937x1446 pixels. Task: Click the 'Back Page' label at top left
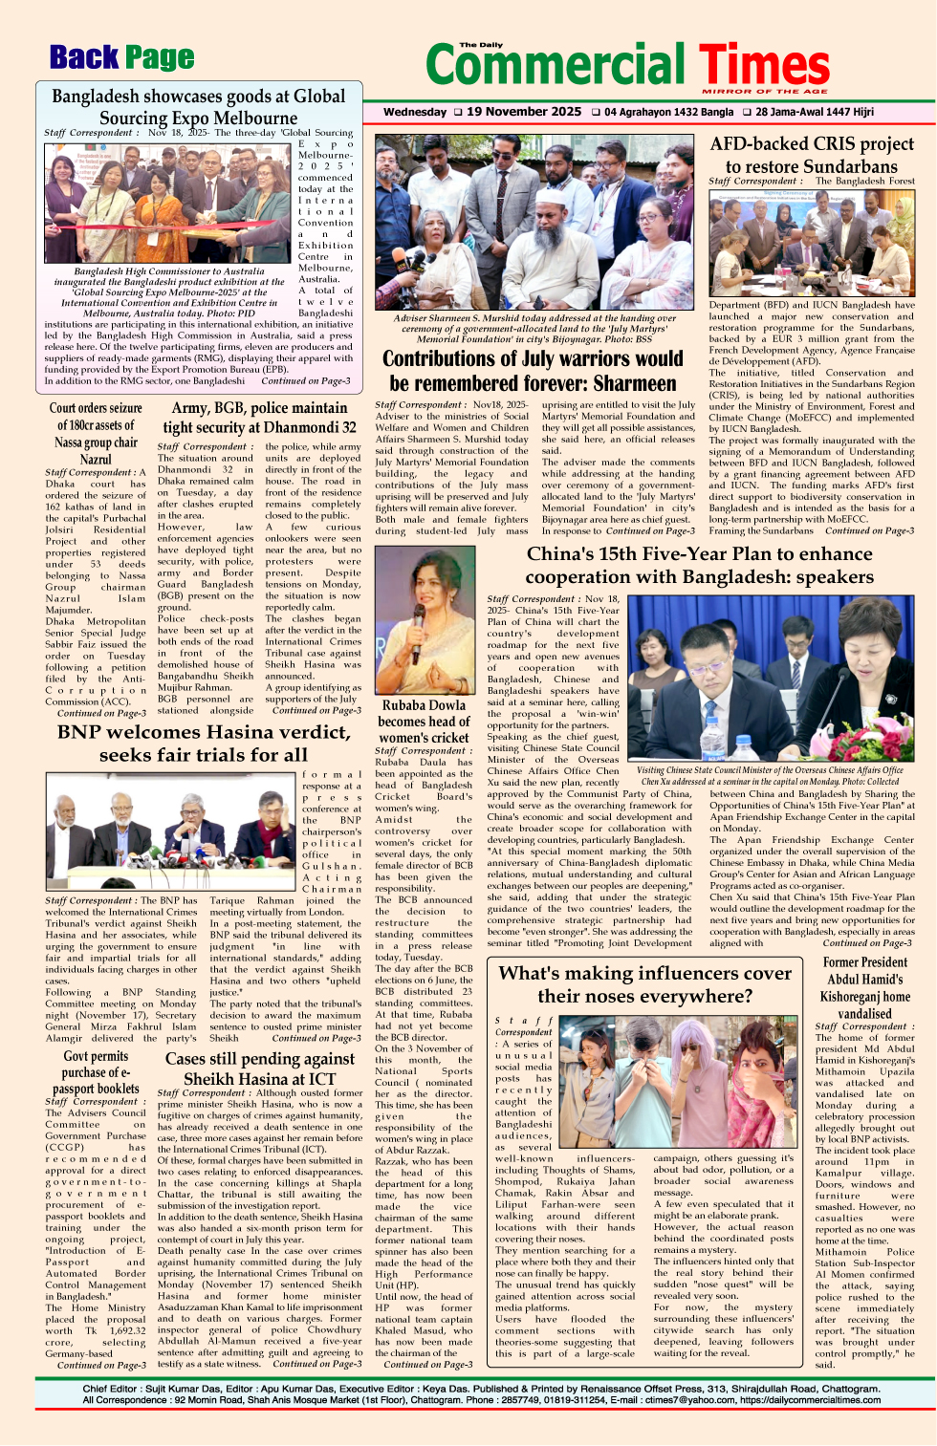coord(121,58)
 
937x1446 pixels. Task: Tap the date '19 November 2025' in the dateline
coord(523,112)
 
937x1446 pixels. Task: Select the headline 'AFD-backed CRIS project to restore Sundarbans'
coord(812,155)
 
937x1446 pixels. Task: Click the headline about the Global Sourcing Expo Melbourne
coord(198,107)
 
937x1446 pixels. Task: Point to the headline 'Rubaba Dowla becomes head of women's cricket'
coord(424,722)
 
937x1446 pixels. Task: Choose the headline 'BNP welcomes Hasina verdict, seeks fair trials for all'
coord(204,744)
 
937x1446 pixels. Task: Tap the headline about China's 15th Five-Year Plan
coord(699,565)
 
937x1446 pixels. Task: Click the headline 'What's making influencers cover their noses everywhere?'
coord(645,984)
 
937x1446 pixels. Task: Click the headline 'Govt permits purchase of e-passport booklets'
coord(96,1071)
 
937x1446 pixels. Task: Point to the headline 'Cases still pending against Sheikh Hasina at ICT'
coord(259,1068)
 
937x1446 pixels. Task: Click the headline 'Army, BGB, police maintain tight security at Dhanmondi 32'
coord(259,418)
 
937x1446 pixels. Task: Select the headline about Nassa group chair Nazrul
coord(96,433)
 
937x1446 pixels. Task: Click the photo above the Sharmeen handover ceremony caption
coord(534,222)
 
